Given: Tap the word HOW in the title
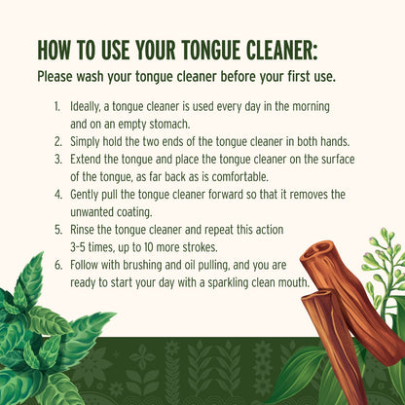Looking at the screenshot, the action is click(x=54, y=51).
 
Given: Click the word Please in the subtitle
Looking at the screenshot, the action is click(x=55, y=77).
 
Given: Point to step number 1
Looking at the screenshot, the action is click(x=57, y=106).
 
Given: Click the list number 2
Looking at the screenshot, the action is click(x=58, y=141).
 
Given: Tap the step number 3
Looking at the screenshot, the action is click(x=58, y=160).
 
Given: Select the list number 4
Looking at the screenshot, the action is click(x=58, y=195).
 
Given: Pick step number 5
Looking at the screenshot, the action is click(x=58, y=230).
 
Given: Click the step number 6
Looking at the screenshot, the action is click(x=58, y=265).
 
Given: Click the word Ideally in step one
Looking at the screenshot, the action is click(x=85, y=107).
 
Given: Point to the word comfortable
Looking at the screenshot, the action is click(x=240, y=177).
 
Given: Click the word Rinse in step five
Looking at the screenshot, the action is click(x=83, y=230).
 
